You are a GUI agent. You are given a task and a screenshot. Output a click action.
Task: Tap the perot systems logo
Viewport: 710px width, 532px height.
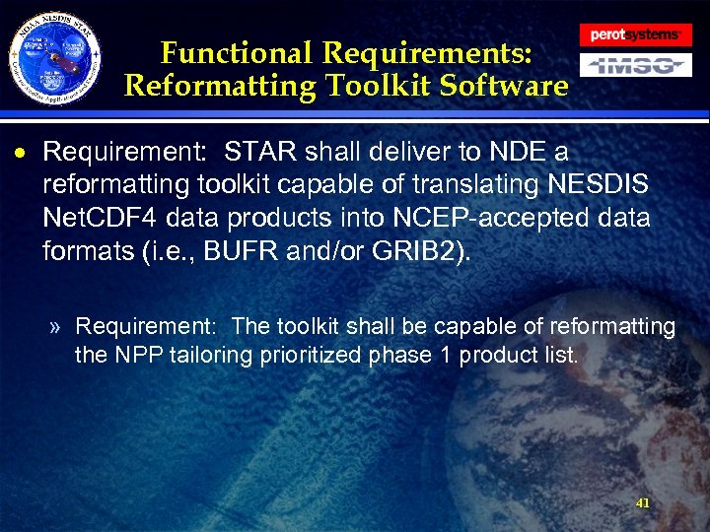[634, 33]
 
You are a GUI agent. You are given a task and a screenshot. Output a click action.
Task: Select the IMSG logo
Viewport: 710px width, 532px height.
[634, 66]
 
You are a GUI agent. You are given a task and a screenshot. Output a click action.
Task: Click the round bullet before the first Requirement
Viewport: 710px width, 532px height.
[29, 155]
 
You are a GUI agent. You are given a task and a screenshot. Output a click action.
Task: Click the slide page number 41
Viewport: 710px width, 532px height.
[643, 502]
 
